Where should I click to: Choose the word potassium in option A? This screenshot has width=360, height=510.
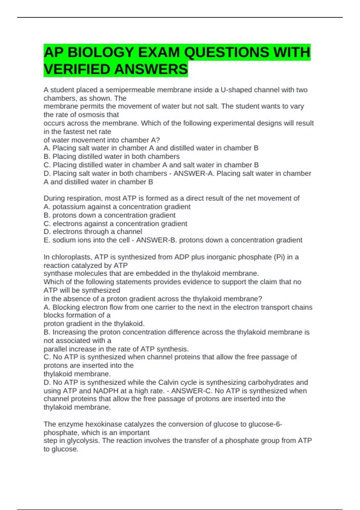pyautogui.click(x=66, y=207)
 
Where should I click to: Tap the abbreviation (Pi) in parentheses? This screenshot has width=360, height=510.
pyautogui.click(x=279, y=257)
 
